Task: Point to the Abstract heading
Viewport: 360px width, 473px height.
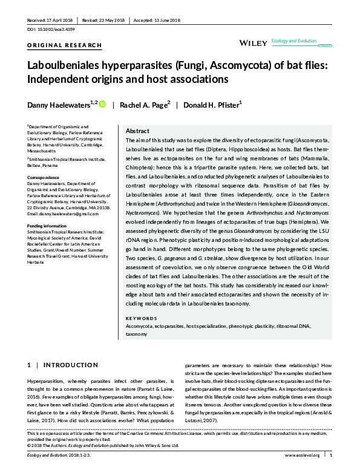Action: click(137, 131)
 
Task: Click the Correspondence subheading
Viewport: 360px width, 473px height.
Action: click(44, 178)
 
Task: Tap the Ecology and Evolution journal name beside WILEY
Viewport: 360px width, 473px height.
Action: click(295, 41)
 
